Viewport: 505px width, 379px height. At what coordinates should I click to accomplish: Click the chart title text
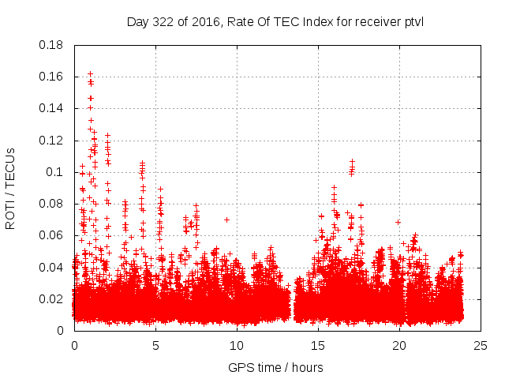point(275,21)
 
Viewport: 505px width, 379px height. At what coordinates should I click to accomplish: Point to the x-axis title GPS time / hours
point(275,367)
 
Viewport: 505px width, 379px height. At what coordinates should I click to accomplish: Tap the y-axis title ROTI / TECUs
point(10,188)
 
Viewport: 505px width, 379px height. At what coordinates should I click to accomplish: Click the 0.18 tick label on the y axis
point(51,45)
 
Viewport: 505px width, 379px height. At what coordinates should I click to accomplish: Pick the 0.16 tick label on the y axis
point(51,77)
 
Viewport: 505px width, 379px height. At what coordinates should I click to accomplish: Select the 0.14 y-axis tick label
point(51,108)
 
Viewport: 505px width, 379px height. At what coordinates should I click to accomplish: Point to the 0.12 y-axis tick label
point(51,141)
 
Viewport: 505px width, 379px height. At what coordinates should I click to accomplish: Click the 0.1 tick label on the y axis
point(54,172)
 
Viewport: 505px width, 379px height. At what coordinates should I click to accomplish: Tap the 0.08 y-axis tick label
point(51,204)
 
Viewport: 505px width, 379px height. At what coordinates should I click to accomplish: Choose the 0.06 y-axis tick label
point(51,235)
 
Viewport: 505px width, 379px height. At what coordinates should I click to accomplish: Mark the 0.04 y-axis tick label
point(51,267)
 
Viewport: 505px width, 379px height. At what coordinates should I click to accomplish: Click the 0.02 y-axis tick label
point(51,298)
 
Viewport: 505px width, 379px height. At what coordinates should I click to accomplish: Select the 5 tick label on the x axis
point(155,345)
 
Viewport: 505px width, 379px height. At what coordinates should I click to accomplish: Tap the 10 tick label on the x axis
point(237,345)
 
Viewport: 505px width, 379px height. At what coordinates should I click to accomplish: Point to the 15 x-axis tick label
point(318,345)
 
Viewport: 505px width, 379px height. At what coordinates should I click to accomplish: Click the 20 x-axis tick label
point(399,345)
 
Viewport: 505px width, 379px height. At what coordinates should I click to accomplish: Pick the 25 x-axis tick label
point(481,345)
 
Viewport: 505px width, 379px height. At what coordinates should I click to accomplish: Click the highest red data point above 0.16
point(90,73)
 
